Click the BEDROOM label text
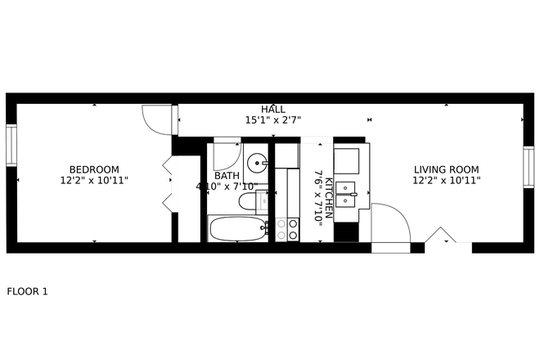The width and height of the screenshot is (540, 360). [x=94, y=169]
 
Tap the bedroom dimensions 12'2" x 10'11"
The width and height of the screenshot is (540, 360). [x=94, y=180]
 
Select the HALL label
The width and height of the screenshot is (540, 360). [x=273, y=110]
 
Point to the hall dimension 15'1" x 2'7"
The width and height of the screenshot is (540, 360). [x=273, y=120]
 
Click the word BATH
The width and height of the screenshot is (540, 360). [x=227, y=176]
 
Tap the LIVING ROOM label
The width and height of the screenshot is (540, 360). [x=446, y=169]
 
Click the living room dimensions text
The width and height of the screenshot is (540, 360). [x=446, y=180]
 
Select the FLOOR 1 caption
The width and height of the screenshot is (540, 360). [x=28, y=290]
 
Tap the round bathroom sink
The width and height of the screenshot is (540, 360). [x=258, y=162]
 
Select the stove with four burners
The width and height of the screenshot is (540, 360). [x=287, y=229]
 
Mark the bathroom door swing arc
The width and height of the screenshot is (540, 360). [x=227, y=155]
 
